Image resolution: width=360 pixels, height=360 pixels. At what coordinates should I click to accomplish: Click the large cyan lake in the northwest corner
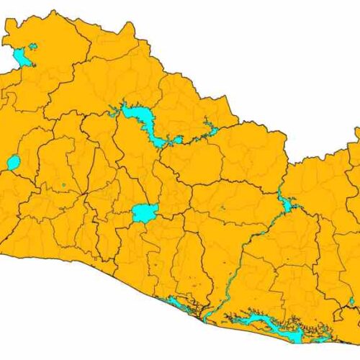(x=22, y=57)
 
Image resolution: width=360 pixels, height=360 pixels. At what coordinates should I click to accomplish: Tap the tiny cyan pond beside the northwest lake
(x=33, y=46)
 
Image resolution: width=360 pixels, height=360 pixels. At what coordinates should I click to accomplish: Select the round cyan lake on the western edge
(x=14, y=163)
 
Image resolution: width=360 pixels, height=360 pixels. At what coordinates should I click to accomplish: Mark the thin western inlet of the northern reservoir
(x=113, y=112)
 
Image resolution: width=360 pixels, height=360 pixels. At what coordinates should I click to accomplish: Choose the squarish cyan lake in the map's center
(x=145, y=212)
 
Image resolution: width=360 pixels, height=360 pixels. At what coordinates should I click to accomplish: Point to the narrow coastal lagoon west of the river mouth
(x=180, y=306)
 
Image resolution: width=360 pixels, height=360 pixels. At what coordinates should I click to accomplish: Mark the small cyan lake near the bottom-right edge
(x=352, y=300)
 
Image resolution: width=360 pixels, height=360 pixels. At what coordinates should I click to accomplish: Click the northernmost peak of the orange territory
(x=53, y=12)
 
